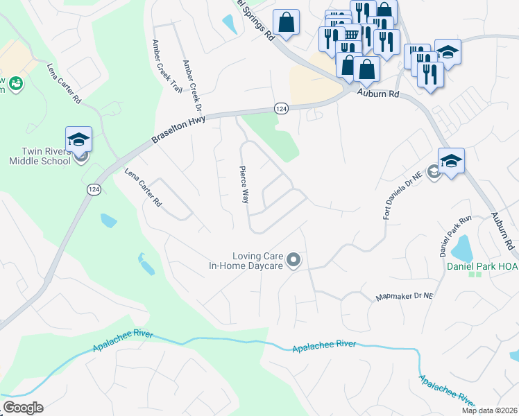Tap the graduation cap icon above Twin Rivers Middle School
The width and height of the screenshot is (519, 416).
78,138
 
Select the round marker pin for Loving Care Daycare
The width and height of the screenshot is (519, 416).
293,261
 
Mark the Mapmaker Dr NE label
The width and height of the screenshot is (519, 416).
404,296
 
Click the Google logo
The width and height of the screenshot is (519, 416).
22,408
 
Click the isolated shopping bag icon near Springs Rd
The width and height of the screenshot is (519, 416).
286,22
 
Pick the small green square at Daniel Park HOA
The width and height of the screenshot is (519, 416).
475,273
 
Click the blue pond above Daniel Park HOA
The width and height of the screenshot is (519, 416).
461,245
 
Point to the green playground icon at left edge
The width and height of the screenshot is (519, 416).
16,85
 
